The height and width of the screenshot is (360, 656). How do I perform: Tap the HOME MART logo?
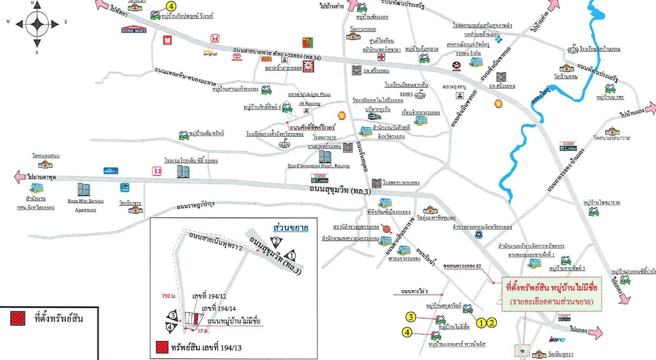[134, 29]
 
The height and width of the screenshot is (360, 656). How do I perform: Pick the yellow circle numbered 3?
[410, 317]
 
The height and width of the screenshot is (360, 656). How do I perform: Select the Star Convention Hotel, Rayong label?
[318, 166]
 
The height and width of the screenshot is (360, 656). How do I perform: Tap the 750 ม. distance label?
[168, 296]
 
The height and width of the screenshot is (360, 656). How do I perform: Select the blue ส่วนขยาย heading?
[291, 227]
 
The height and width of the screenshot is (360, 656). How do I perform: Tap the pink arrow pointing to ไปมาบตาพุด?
[21, 177]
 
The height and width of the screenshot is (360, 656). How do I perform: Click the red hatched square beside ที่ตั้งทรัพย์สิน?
[19, 318]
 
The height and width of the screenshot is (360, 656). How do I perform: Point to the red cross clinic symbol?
[381, 57]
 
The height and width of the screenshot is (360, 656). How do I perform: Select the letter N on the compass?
[33, 3]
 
